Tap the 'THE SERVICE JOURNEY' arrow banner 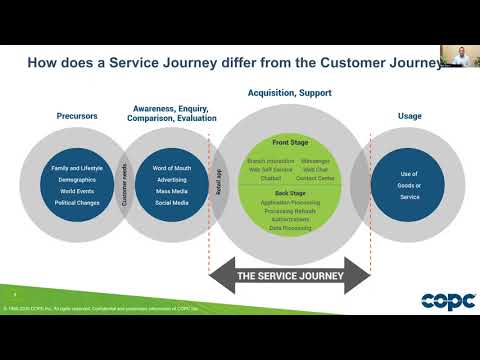tap(289, 276)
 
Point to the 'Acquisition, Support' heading tap(290, 93)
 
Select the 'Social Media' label tap(172, 203)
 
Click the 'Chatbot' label tap(261, 177)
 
